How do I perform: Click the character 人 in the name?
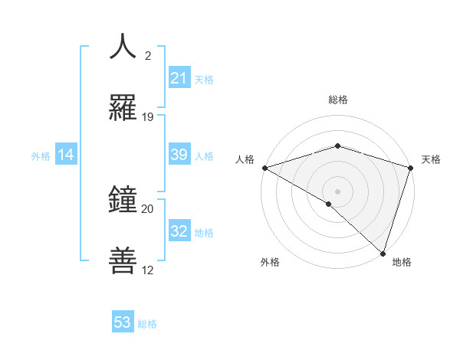click(123, 47)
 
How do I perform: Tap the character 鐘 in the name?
click(123, 200)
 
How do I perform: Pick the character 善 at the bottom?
click(123, 261)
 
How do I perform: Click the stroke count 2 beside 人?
click(148, 56)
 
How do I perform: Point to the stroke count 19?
click(148, 117)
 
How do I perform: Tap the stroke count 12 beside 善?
click(148, 270)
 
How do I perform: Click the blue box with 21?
click(179, 78)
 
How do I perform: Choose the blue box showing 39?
click(179, 155)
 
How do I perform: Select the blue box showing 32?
click(179, 231)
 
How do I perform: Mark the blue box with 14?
click(66, 155)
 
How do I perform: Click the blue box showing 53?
click(123, 322)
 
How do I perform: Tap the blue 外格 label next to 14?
click(41, 155)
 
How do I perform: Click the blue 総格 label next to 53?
click(147, 323)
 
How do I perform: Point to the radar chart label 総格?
click(337, 100)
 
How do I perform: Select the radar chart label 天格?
click(431, 159)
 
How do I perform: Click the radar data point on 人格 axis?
click(264, 168)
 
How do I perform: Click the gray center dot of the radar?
click(337, 191)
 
